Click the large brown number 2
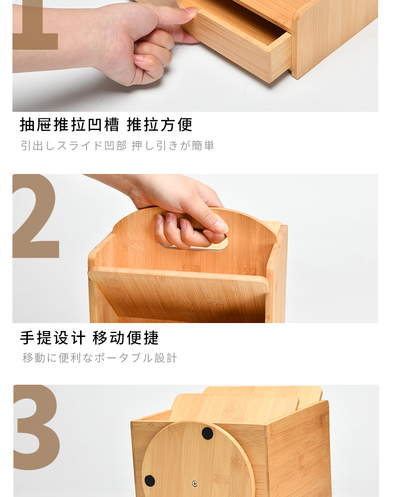[35, 216]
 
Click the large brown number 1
[35, 25]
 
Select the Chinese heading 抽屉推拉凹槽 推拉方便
[106, 124]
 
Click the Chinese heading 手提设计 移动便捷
[89, 337]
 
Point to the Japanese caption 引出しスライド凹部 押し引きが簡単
[117, 146]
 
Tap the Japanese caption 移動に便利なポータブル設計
[99, 358]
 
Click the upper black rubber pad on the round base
[207, 433]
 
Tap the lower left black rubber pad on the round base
[150, 481]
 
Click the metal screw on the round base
[195, 484]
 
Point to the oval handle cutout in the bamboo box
[193, 242]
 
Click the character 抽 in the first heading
[27, 124]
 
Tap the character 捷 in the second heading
[151, 337]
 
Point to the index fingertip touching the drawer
[191, 11]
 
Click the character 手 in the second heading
[27, 337]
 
